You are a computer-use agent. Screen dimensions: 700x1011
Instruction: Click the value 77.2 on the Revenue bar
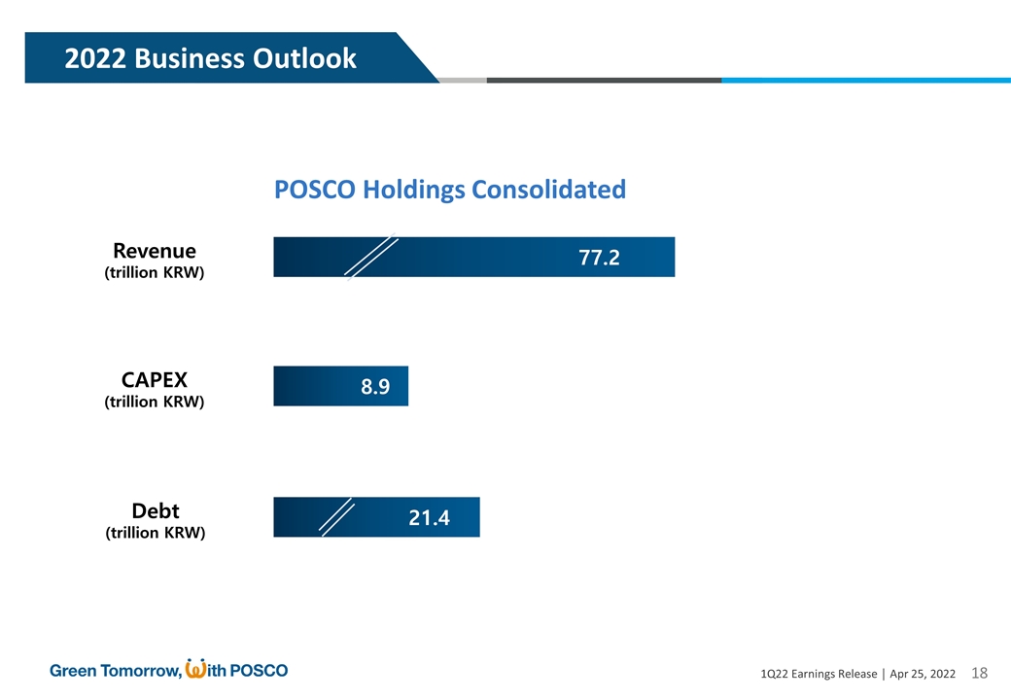pyautogui.click(x=599, y=258)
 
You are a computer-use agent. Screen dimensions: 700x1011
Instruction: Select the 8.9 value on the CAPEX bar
pyautogui.click(x=375, y=387)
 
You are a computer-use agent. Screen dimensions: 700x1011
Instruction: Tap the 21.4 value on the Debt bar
pyautogui.click(x=429, y=518)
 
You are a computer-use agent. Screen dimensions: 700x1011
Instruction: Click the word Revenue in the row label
pyautogui.click(x=155, y=251)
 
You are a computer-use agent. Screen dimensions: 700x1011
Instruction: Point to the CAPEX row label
pyautogui.click(x=155, y=380)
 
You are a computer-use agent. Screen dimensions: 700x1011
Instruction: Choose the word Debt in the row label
pyautogui.click(x=155, y=511)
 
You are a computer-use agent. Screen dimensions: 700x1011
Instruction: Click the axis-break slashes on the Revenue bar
pyautogui.click(x=371, y=258)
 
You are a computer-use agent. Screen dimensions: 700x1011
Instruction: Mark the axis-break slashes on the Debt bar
pyautogui.click(x=337, y=518)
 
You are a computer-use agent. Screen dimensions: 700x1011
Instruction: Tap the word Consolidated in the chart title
pyautogui.click(x=548, y=190)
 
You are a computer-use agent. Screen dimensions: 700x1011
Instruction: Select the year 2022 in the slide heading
pyautogui.click(x=95, y=59)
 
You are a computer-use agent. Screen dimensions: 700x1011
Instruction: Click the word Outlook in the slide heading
pyautogui.click(x=306, y=59)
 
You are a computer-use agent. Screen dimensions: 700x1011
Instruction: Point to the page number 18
pyautogui.click(x=979, y=673)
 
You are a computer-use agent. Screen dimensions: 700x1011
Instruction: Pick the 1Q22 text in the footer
pyautogui.click(x=778, y=674)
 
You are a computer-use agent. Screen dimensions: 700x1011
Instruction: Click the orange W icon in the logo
pyautogui.click(x=194, y=669)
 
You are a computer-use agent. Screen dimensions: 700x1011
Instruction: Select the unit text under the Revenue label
pyautogui.click(x=155, y=273)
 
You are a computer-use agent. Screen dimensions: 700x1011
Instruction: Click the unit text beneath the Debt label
pyautogui.click(x=155, y=534)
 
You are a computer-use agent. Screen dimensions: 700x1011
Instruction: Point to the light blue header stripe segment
pyautogui.click(x=865, y=81)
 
